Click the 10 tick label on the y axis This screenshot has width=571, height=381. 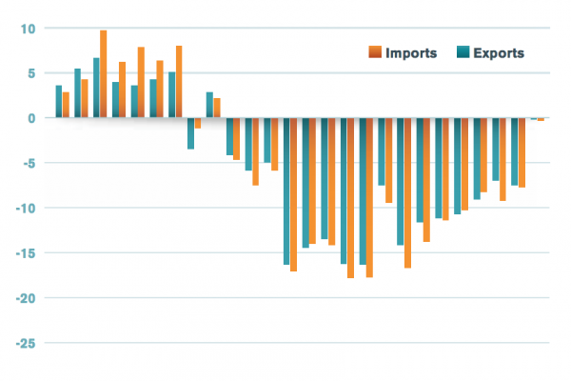click(28, 29)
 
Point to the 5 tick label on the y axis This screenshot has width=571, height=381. click(30, 73)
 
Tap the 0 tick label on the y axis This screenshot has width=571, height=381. click(30, 118)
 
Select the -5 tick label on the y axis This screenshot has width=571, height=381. click(28, 163)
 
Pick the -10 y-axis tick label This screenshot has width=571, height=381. click(25, 208)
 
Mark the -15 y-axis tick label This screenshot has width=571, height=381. click(25, 252)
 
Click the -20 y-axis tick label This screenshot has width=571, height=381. click(25, 297)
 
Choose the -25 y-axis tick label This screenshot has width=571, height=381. click(25, 342)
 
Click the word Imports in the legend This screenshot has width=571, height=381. click(411, 52)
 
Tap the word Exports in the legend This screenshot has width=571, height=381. click(499, 52)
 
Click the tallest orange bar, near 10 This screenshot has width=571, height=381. click(103, 74)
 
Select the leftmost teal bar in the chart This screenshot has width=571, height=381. click(59, 102)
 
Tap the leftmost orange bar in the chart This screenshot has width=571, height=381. click(66, 105)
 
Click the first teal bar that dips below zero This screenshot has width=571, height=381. click(190, 133)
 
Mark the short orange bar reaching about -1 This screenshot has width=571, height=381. click(198, 123)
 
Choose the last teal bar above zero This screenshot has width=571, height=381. click(209, 105)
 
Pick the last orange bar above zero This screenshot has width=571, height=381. click(217, 108)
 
